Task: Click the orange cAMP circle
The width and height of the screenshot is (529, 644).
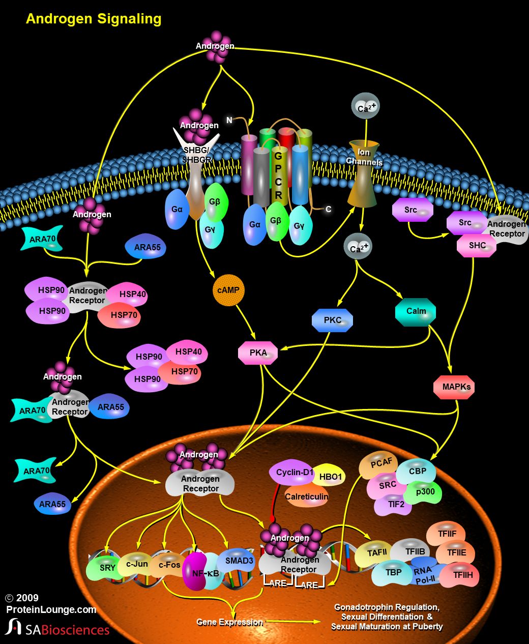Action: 228,290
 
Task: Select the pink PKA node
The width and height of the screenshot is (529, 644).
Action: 258,353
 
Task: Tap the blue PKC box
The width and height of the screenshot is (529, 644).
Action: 332,320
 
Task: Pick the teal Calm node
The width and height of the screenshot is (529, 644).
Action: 416,311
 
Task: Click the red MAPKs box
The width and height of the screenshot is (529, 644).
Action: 454,387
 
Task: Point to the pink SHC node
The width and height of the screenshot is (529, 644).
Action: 476,246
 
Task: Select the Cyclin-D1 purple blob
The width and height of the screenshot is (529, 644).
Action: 293,473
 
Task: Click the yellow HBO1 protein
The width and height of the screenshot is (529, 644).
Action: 331,477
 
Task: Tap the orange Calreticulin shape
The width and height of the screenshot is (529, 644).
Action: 306,496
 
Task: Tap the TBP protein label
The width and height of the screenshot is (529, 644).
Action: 393,573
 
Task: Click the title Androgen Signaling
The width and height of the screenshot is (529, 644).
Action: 94,19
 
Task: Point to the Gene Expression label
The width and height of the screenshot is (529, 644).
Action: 229,622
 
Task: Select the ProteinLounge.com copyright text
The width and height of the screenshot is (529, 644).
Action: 51,609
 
